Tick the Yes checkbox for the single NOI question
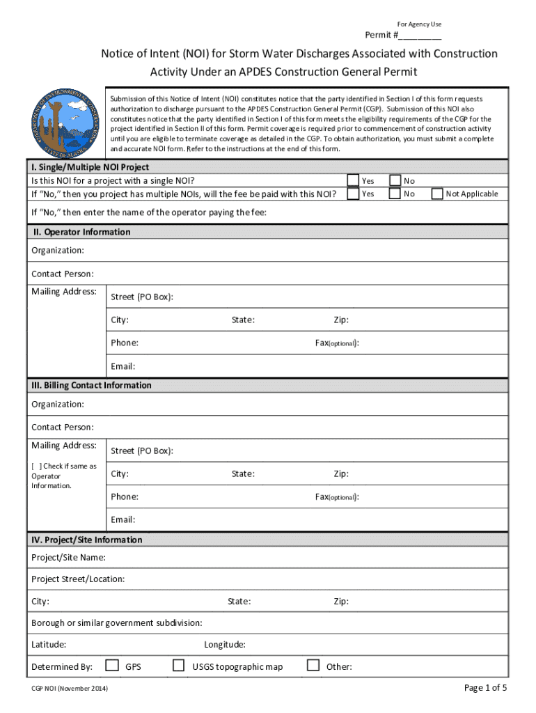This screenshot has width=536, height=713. tap(354, 181)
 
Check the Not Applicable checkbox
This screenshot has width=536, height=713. tap(437, 194)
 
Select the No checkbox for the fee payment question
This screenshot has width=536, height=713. tap(395, 194)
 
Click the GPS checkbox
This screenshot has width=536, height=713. tap(111, 666)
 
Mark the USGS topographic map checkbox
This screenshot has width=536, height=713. tap(179, 666)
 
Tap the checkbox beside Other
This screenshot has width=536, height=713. tap(313, 666)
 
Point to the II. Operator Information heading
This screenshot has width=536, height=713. tap(81, 232)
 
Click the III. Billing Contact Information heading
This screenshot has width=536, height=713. tap(91, 386)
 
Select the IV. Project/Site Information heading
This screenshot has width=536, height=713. tap(86, 540)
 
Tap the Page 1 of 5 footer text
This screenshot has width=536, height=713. tap(485, 688)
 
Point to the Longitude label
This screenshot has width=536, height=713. tap(224, 645)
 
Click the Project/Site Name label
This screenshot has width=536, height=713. tap(68, 558)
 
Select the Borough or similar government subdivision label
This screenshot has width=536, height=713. tap(117, 622)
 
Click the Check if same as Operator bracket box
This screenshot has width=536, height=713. tap(36, 467)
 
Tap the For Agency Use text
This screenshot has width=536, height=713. tap(419, 24)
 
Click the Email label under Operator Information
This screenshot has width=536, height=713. tap(123, 366)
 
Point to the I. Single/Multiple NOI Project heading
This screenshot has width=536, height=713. tap(90, 168)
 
